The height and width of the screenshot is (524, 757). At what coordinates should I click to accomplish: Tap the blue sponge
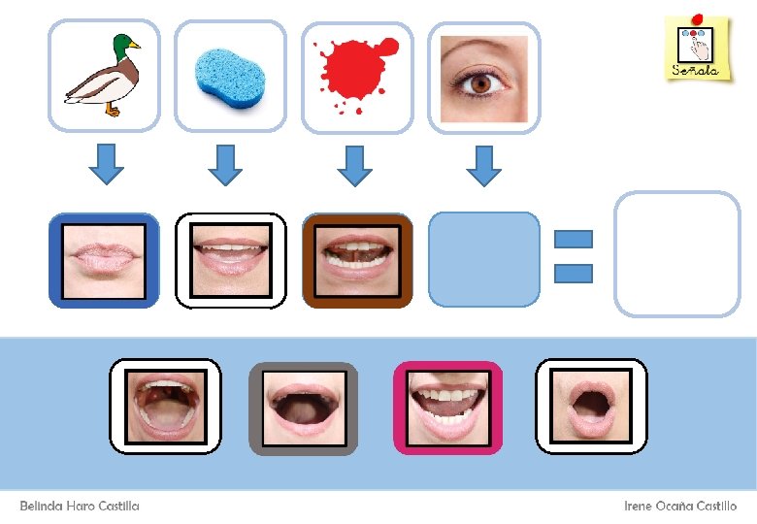pyautogui.click(x=230, y=76)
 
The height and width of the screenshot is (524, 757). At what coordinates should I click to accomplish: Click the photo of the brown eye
pyautogui.click(x=484, y=79)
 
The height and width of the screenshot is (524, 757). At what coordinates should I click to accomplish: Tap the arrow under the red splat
pyautogui.click(x=355, y=164)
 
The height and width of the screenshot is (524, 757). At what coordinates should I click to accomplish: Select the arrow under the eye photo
pyautogui.click(x=483, y=164)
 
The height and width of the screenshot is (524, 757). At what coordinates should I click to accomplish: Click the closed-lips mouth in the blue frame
pyautogui.click(x=104, y=260)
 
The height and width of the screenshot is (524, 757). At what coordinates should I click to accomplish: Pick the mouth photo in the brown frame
pyautogui.click(x=357, y=260)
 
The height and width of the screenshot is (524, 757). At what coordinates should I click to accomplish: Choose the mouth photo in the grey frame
pyautogui.click(x=304, y=408)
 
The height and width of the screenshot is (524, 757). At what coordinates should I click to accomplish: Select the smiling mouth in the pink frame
pyautogui.click(x=447, y=407)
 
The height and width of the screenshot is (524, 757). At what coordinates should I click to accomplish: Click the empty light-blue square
pyautogui.click(x=483, y=259)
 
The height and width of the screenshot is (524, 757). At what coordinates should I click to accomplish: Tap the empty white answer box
pyautogui.click(x=677, y=254)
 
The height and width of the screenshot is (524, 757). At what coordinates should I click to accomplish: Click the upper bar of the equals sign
pyautogui.click(x=573, y=238)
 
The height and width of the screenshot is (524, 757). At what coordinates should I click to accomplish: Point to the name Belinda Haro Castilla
pyautogui.click(x=80, y=507)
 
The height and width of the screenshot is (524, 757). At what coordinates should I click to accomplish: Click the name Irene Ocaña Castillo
pyautogui.click(x=680, y=507)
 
